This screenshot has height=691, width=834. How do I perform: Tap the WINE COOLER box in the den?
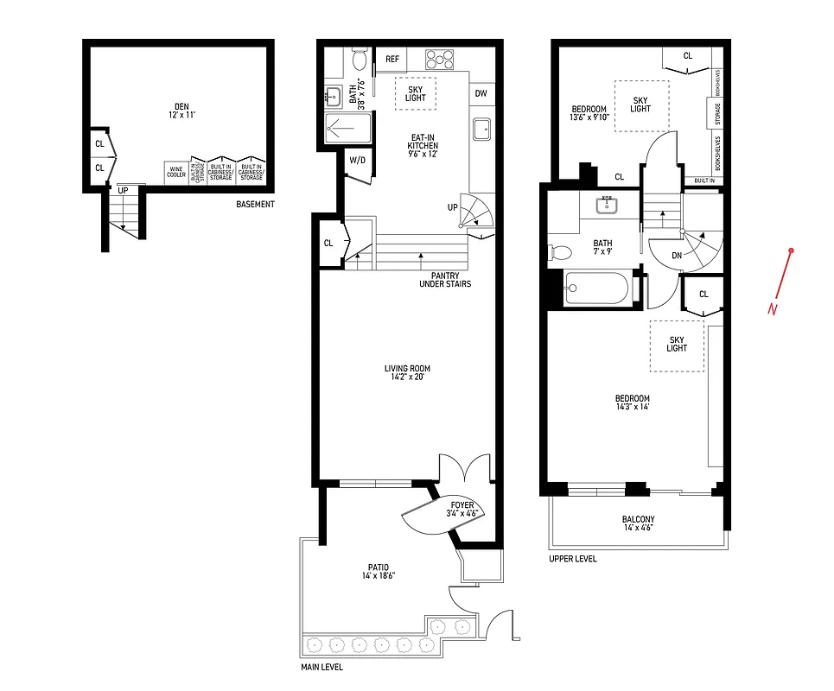point(176,173)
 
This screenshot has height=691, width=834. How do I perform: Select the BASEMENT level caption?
point(255,205)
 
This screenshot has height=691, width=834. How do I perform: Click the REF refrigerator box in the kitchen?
point(392,59)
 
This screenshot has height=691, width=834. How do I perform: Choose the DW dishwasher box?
point(481,93)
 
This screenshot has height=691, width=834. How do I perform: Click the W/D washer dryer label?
point(356,160)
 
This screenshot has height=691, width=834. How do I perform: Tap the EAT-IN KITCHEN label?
point(423,145)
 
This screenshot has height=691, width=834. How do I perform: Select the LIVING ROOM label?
point(407,373)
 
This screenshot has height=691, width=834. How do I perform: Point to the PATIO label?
point(375,572)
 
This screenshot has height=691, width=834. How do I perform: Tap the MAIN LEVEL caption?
point(322,667)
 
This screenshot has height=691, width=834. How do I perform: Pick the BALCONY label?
point(637,524)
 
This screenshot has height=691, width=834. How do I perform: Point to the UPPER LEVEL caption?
point(572,559)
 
